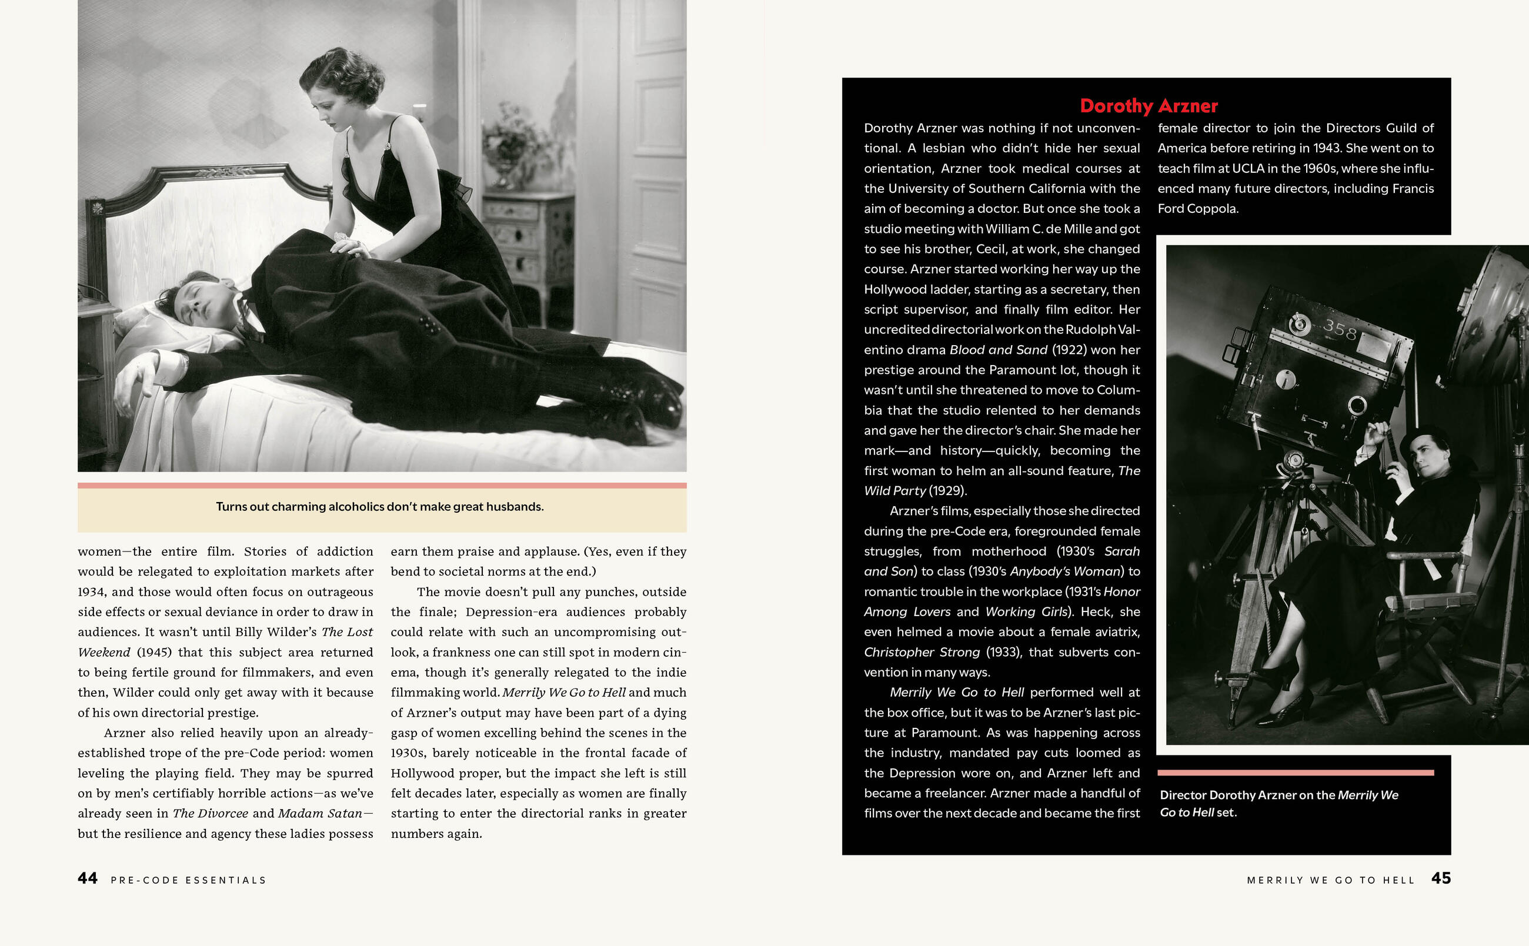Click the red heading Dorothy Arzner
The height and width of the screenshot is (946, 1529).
coord(1149,106)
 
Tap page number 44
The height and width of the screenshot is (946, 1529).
coord(88,878)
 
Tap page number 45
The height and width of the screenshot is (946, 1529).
coord(1441,878)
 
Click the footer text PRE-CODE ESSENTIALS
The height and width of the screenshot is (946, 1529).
coord(188,880)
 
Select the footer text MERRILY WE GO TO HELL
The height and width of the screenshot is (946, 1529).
coord(1331,880)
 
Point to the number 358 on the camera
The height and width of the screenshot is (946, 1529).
coord(1340,329)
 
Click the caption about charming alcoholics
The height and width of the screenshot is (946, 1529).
coord(380,507)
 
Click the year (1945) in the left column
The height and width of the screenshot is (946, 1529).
coord(154,652)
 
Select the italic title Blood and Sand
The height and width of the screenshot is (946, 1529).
coord(999,350)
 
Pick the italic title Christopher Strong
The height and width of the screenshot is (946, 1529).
coord(922,652)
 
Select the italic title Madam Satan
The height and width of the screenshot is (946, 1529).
coord(320,813)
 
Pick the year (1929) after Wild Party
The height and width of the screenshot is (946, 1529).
coord(948,491)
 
